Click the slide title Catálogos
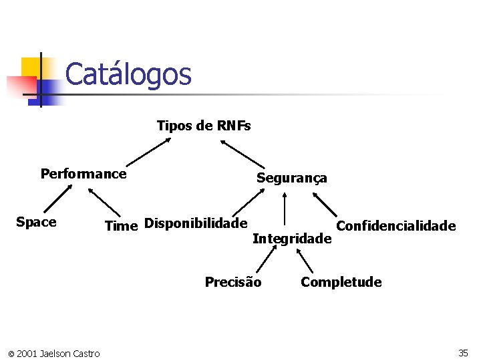[128, 74]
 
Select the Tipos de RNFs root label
[204, 126]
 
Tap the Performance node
[84, 174]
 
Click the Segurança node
[292, 178]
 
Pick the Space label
[36, 222]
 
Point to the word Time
[121, 226]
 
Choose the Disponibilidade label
[196, 223]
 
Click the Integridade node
[292, 239]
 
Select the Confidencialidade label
[395, 226]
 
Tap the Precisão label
[233, 282]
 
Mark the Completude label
[341, 282]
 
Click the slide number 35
[463, 352]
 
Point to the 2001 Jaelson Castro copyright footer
[54, 353]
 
